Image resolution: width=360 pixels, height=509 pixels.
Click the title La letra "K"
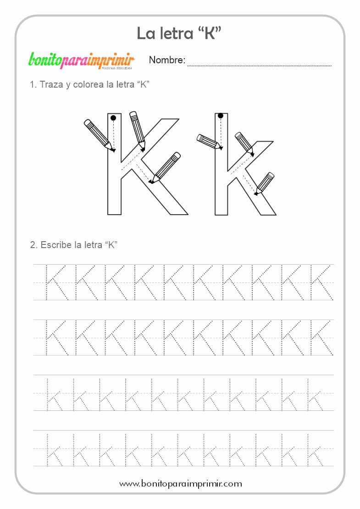[179, 33]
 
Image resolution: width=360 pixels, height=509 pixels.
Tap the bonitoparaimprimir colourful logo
[81, 61]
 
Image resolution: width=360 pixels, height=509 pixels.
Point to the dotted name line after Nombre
[260, 66]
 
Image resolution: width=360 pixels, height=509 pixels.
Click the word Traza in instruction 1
[51, 84]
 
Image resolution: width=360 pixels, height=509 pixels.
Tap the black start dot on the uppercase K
[113, 117]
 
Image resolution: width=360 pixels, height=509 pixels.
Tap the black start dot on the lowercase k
[221, 116]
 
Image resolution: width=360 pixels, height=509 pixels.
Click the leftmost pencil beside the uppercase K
[99, 135]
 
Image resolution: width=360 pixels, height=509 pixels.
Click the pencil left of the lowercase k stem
[210, 142]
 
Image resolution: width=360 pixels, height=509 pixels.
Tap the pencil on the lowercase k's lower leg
[264, 184]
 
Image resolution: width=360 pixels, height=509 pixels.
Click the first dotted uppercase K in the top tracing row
[56, 282]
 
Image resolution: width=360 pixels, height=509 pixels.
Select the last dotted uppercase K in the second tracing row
[321, 337]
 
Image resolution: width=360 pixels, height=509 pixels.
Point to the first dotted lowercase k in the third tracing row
[54, 394]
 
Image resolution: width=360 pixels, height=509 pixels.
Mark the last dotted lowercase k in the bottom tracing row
[315, 449]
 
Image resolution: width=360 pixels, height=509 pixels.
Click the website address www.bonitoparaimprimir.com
[181, 484]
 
